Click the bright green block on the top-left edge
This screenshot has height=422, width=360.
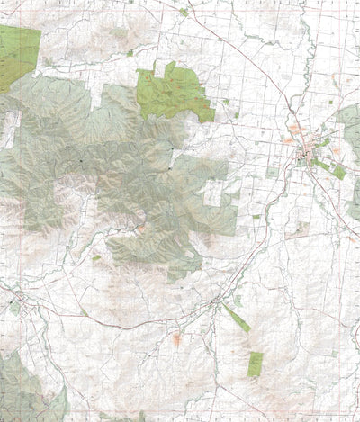click(x=18, y=54)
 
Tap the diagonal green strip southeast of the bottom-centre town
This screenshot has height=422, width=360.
click(x=236, y=319)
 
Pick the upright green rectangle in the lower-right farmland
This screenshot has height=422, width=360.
click(x=256, y=364)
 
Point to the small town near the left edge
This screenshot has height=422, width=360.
click(x=15, y=304)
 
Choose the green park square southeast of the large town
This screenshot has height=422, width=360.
click(x=338, y=172)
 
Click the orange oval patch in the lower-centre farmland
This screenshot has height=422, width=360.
click(x=176, y=339)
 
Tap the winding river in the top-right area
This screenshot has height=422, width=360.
click(x=307, y=54)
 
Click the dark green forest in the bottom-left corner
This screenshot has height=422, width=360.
click(x=22, y=387)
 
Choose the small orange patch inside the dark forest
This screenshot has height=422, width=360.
click(x=141, y=228)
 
